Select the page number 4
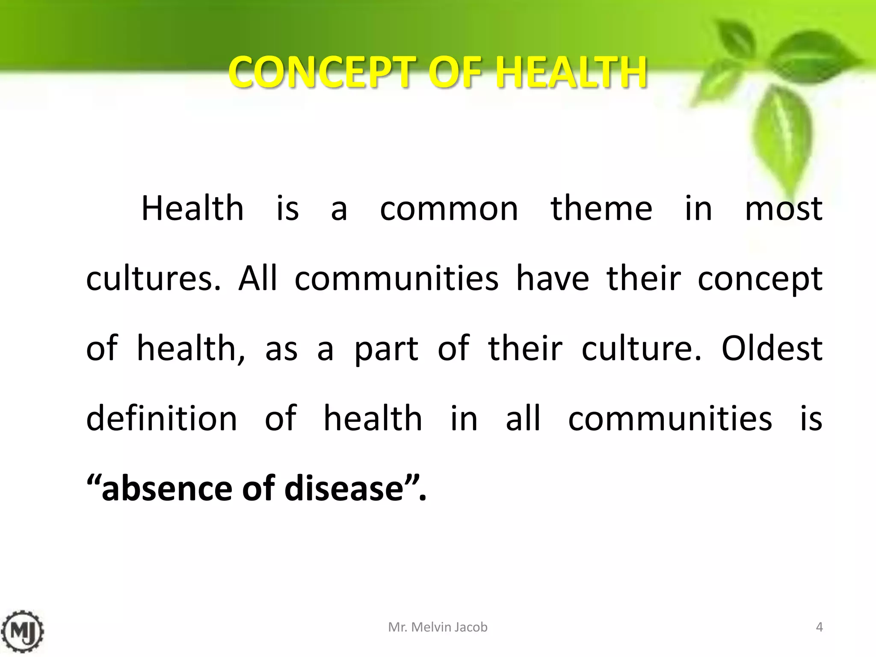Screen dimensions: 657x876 coord(819,627)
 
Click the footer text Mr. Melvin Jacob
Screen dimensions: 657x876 coord(438,627)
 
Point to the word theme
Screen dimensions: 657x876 coord(601,208)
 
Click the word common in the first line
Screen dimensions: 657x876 coord(449,209)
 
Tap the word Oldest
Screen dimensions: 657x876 coord(771,348)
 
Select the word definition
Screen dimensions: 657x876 coord(162,418)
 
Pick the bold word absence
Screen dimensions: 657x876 coord(167,488)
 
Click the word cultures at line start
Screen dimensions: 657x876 coord(153,278)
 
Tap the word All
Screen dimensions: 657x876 coord(257,278)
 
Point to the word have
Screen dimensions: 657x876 coord(553,278)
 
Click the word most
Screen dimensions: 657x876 coord(783,209)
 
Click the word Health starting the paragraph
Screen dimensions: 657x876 coord(192,208)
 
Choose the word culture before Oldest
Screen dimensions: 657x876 coord(640,348)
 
